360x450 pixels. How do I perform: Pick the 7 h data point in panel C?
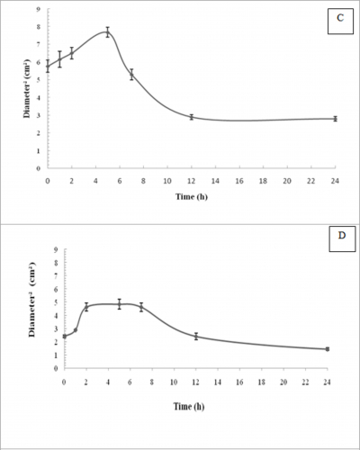coord(131,75)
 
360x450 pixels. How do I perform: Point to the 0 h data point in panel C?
coord(48,66)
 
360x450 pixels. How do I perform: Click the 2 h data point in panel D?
coord(86,307)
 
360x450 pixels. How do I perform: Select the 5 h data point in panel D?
coord(119,304)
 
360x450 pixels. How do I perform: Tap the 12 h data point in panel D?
coord(195,336)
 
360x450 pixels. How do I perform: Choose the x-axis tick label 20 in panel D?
coord(283,382)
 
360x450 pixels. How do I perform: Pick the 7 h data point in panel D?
coord(140,307)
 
